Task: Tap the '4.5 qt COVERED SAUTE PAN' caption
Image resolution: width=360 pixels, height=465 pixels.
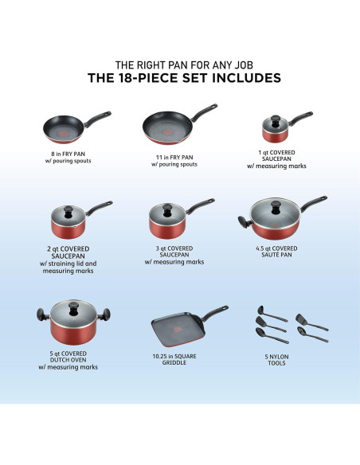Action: pyautogui.click(x=275, y=251)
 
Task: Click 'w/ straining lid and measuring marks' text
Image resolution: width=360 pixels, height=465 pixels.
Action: pyautogui.click(x=68, y=267)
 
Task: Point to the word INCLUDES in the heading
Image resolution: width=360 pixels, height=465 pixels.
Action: pyautogui.click(x=239, y=79)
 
